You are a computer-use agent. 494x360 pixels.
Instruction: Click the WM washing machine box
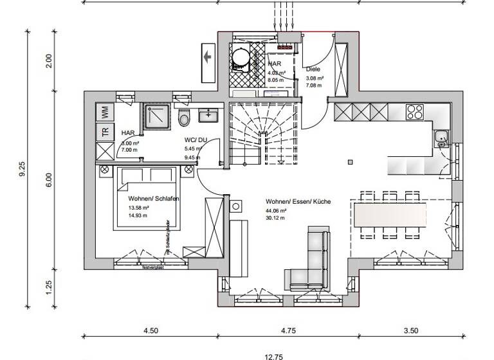pyautogui.click(x=104, y=112)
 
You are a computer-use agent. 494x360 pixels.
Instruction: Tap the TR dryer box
pyautogui.click(x=104, y=132)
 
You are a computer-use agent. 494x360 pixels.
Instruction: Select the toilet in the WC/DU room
pyautogui.click(x=185, y=119)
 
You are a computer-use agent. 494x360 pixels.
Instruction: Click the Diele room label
pyautogui.click(x=313, y=69)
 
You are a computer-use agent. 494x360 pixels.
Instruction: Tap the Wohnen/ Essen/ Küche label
pyautogui.click(x=298, y=202)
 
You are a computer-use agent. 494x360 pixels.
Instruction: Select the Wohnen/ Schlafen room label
pyautogui.click(x=153, y=199)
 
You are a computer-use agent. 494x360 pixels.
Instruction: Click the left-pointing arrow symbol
pyautogui.click(x=208, y=57)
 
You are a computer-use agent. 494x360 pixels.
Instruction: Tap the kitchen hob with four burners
pyautogui.click(x=416, y=113)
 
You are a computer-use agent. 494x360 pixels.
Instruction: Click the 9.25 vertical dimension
pyautogui.click(x=23, y=168)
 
